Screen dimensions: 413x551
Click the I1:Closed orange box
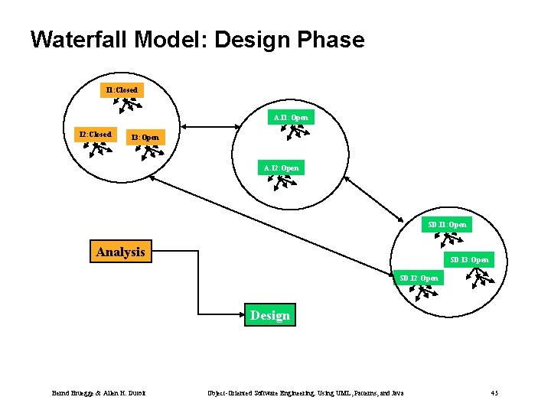122,90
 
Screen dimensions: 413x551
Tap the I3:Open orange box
145,137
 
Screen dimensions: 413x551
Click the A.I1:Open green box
291,117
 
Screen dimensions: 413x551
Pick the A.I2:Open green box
281,167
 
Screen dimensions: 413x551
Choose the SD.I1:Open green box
448,225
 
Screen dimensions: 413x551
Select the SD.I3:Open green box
469,259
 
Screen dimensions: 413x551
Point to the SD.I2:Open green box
419,278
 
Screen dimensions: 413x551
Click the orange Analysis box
120,252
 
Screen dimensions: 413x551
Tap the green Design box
270,315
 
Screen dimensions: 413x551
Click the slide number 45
494,393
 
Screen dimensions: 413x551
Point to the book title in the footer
306,393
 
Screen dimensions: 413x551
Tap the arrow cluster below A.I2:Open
285,182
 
